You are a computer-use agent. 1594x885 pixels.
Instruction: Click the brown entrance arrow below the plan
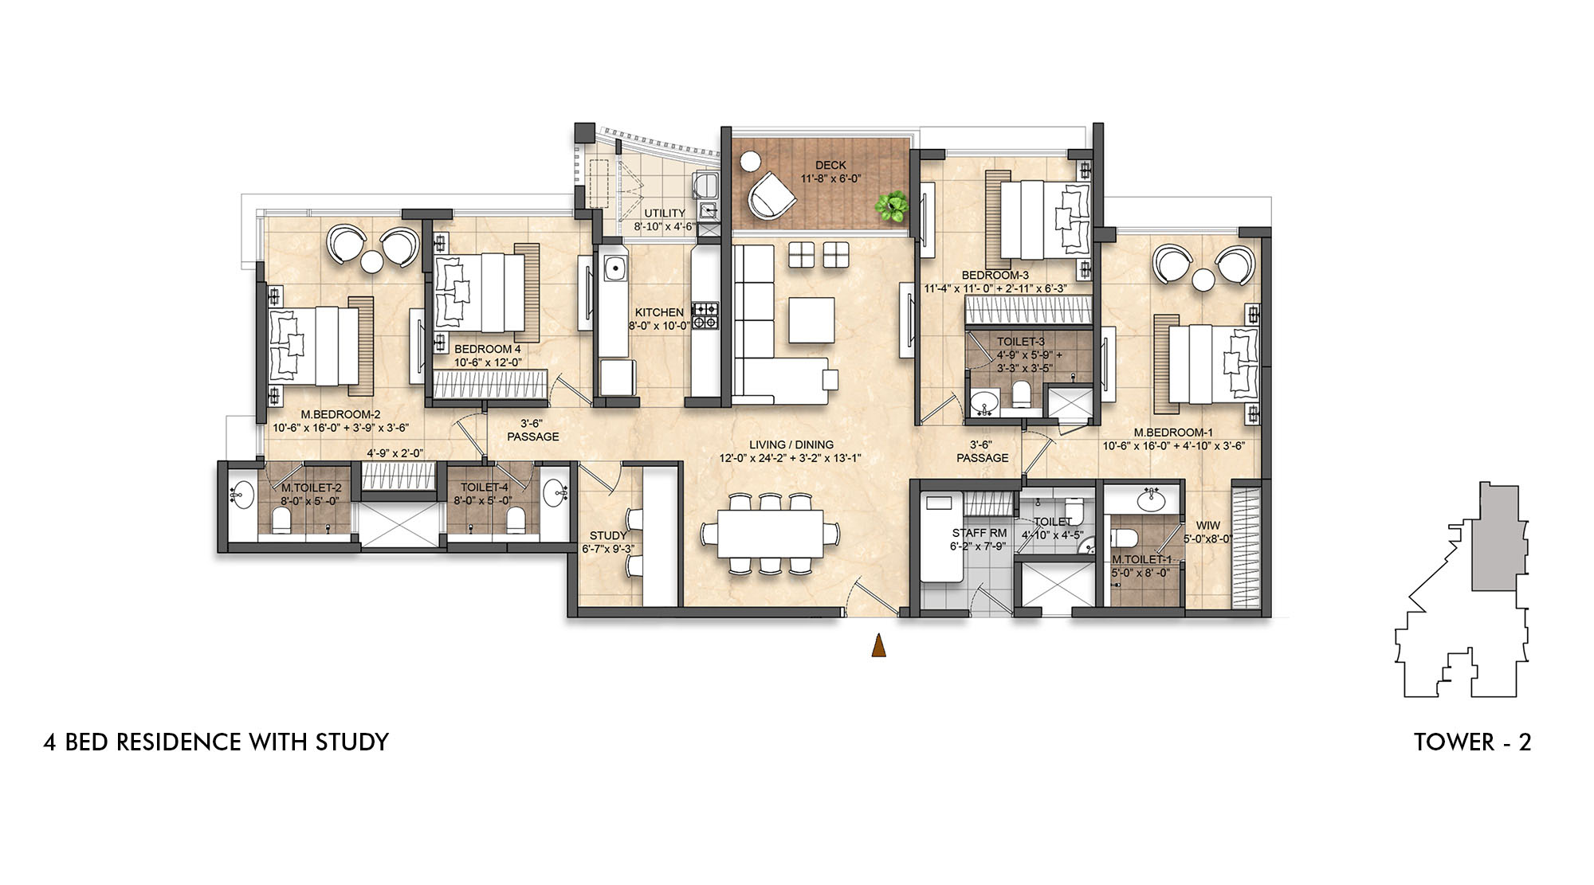pos(879,645)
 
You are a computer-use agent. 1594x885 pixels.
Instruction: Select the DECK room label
pos(830,166)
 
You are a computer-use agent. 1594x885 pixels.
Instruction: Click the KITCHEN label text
pos(659,312)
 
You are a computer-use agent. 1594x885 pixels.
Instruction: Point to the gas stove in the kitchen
pos(705,315)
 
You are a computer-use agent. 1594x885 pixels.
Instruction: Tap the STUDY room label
pos(608,535)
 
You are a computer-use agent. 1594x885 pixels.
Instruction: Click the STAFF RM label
pos(979,533)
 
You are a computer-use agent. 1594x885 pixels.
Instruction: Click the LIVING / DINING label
pos(791,444)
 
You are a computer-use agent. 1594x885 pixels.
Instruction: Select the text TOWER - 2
pos(1472,742)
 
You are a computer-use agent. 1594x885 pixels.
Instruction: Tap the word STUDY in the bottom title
pos(352,742)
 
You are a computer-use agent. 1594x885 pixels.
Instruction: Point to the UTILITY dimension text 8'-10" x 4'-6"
pos(665,226)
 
